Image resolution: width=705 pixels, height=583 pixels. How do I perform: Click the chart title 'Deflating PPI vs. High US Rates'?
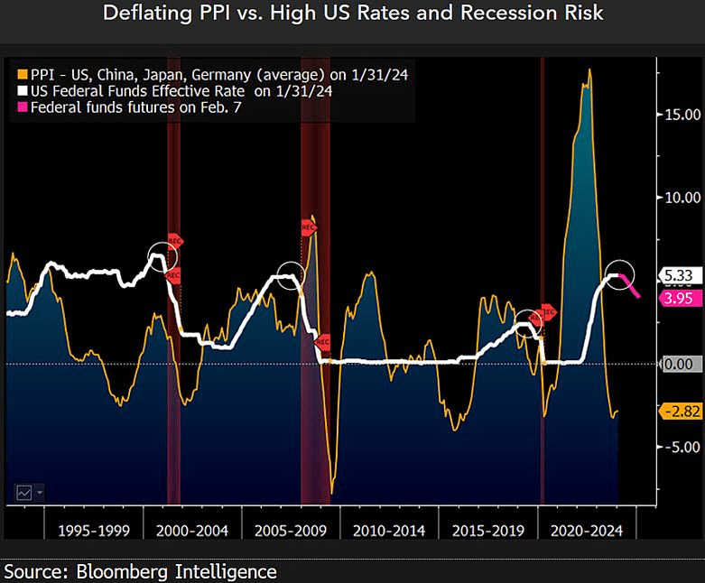(x=352, y=14)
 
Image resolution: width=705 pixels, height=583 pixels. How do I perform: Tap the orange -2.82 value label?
(x=682, y=411)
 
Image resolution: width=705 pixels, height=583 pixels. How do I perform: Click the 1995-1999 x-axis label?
(x=94, y=531)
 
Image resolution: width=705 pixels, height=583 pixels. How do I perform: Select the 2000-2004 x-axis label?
(x=192, y=531)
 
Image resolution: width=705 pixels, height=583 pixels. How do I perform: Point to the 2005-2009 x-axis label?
(x=291, y=531)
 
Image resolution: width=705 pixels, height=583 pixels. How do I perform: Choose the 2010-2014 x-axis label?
(x=389, y=531)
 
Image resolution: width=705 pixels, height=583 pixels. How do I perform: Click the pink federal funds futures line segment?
(x=633, y=288)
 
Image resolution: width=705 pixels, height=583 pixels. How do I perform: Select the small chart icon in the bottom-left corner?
(x=24, y=492)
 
